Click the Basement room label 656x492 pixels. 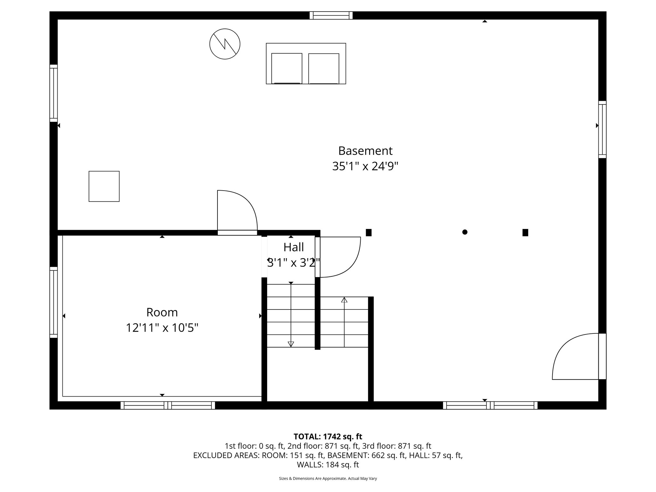tap(365, 151)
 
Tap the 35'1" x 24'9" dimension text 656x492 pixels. tap(365, 166)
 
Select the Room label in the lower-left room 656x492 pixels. tap(162, 312)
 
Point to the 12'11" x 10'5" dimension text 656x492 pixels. tap(162, 328)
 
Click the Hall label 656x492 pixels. tap(293, 247)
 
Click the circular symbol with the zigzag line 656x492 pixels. tap(225, 44)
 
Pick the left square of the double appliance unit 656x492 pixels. tap(287, 68)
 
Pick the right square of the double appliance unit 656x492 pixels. tap(324, 68)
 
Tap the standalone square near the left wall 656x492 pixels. tap(104, 186)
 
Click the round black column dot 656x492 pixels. tap(465, 232)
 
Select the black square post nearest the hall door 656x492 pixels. tap(369, 233)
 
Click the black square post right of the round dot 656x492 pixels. tap(525, 233)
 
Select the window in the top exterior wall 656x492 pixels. tap(331, 15)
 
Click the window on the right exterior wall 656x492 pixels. tap(602, 129)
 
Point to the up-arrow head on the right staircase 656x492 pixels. tap(344, 300)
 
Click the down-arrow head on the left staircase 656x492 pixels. tap(291, 344)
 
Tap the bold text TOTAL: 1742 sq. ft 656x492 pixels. tap(328, 436)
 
